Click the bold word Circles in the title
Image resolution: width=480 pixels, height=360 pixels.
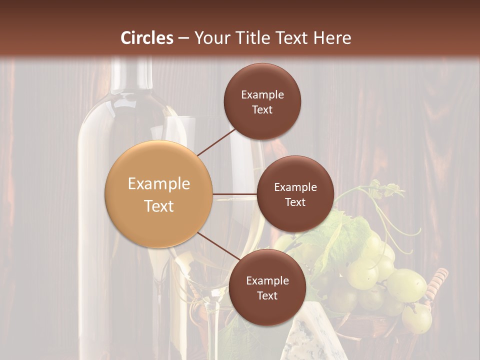pyautogui.click(x=147, y=38)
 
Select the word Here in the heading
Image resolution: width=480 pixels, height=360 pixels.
pyautogui.click(x=332, y=38)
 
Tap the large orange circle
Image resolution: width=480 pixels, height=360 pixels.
pyautogui.click(x=159, y=194)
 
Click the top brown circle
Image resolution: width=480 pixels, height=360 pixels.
pyautogui.click(x=262, y=101)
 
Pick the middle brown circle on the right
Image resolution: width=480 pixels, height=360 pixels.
pyautogui.click(x=295, y=194)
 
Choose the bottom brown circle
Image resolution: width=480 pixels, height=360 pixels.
pyautogui.click(x=267, y=287)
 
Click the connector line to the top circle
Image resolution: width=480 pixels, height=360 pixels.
pyautogui.click(x=216, y=141)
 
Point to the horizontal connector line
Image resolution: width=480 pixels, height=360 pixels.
pyautogui.click(x=234, y=194)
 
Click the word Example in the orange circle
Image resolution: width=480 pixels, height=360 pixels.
pyautogui.click(x=159, y=184)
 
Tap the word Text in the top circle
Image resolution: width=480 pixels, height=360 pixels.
pyautogui.click(x=262, y=109)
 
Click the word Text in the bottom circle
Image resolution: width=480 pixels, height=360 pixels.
pyautogui.click(x=267, y=295)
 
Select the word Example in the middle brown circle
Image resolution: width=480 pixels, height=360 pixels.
pyautogui.click(x=295, y=187)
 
